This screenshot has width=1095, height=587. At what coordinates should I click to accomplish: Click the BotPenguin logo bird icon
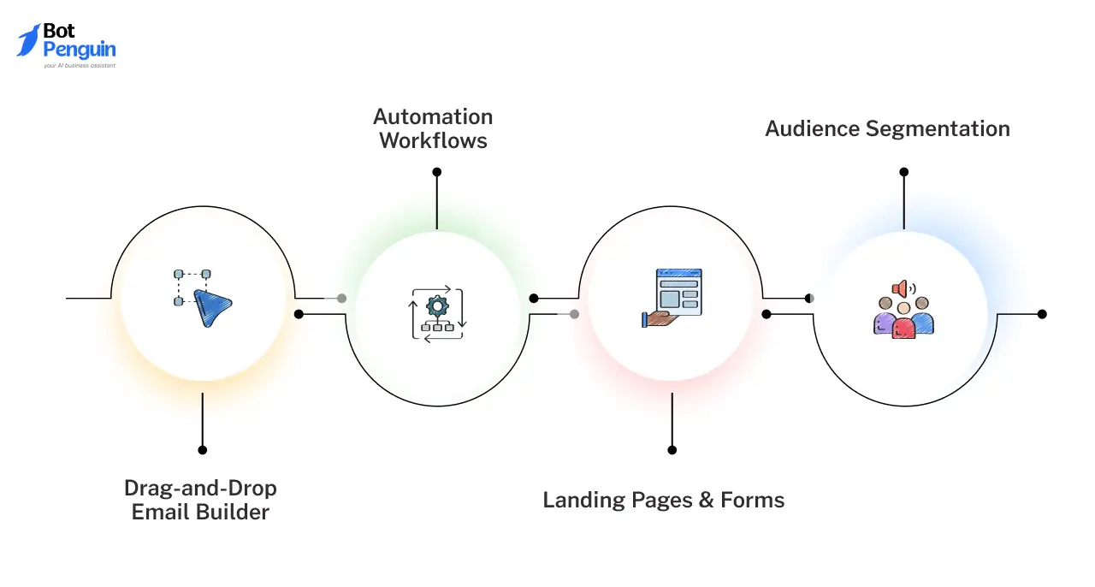(28, 40)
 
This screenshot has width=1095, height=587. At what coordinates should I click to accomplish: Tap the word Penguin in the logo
(79, 50)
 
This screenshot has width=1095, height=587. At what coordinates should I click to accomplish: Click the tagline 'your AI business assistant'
(79, 65)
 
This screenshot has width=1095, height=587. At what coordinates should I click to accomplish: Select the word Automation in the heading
(433, 117)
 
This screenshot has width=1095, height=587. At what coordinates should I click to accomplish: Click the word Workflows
(433, 141)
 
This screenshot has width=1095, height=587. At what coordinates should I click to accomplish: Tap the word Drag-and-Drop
(200, 489)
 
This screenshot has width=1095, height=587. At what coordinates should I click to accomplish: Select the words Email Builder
(200, 513)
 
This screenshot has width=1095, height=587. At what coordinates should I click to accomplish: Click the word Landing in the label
(583, 500)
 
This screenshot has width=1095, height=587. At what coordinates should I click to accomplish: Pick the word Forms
(752, 500)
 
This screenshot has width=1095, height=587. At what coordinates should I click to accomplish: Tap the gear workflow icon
(438, 305)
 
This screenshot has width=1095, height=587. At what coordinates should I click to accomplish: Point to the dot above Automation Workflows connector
(437, 172)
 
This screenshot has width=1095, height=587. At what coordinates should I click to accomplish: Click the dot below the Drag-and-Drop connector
(202, 450)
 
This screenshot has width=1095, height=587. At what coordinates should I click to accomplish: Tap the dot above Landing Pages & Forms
(672, 450)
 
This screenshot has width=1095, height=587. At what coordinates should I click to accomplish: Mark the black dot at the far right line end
(1042, 314)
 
